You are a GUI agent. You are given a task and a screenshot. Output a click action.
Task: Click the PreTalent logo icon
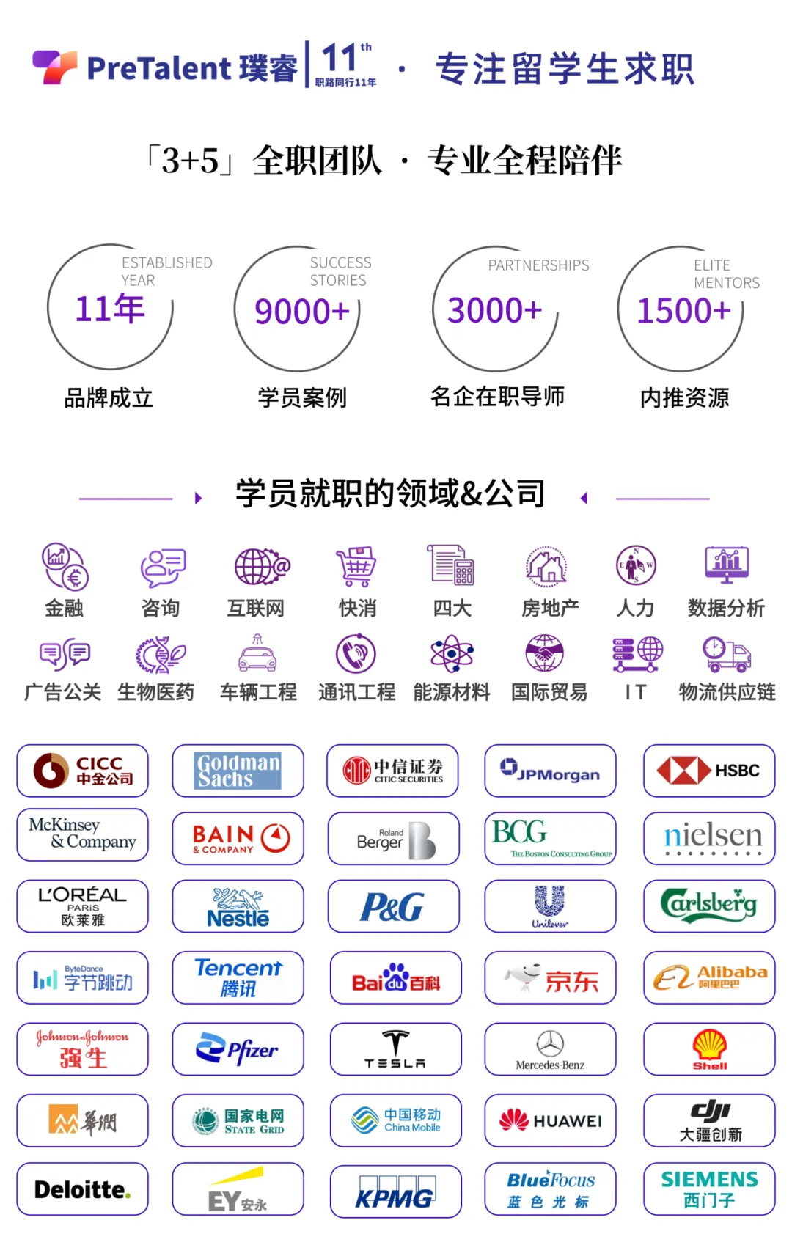pos(55,67)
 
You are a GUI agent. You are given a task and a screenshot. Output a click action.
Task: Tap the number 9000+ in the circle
pos(301,311)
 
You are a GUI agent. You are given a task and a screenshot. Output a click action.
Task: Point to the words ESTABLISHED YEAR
pos(166,271)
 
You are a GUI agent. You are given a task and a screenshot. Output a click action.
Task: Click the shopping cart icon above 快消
pos(356,566)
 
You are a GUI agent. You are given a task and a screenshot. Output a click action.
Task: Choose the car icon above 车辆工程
pos(257,653)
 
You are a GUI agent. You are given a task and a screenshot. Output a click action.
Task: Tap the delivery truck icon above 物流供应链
pos(726,653)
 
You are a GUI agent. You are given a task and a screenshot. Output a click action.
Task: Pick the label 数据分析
pos(726,608)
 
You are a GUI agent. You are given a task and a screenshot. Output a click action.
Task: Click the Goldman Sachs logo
pos(238,771)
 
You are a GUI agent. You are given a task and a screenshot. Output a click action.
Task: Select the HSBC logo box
pos(709,771)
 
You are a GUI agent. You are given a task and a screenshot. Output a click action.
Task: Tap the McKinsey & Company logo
pos(82,834)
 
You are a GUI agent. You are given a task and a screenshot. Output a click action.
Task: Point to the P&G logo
pos(393,907)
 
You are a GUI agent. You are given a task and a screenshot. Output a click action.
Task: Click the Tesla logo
pos(395,1049)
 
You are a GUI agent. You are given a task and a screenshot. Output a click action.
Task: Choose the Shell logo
pos(709,1049)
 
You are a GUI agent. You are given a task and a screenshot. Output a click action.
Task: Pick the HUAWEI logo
pos(550,1120)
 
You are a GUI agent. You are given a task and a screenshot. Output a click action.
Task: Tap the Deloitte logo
pos(82,1189)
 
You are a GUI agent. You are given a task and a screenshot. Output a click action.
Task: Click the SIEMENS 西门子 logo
pos(709,1189)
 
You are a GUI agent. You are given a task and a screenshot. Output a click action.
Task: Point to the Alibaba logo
pos(709,977)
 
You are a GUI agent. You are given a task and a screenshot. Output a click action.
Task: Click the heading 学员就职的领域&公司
pos(390,493)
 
